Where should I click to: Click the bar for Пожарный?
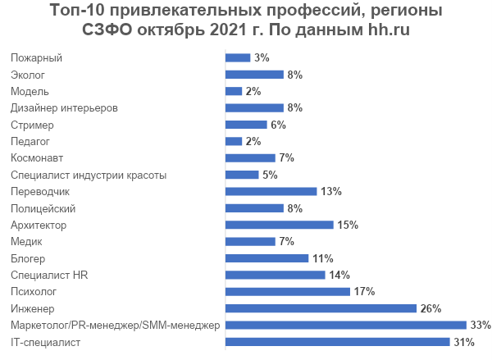[x=238, y=57]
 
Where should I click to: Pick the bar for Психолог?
[x=288, y=292]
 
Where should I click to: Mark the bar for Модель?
[x=234, y=91]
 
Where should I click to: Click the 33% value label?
[x=480, y=326]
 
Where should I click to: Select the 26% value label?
[x=430, y=308]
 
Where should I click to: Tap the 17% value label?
[x=364, y=292]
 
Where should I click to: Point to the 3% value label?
[x=262, y=57]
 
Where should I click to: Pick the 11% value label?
[x=322, y=258]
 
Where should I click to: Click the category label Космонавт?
[x=37, y=157]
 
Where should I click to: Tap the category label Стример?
[x=33, y=125]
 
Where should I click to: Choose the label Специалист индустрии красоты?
[x=89, y=175]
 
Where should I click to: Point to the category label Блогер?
[x=27, y=258]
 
